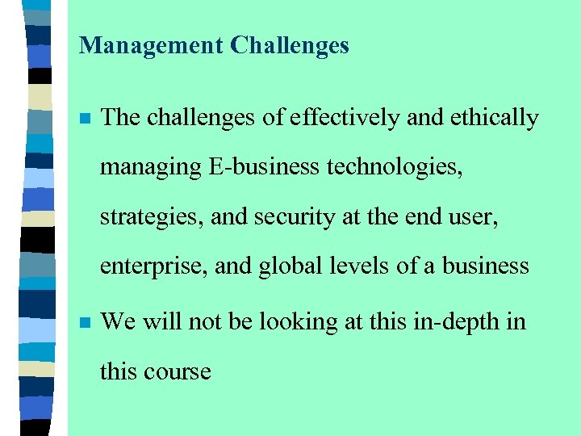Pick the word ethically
pyautogui.click(x=493, y=118)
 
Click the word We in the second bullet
pyautogui.click(x=118, y=322)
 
